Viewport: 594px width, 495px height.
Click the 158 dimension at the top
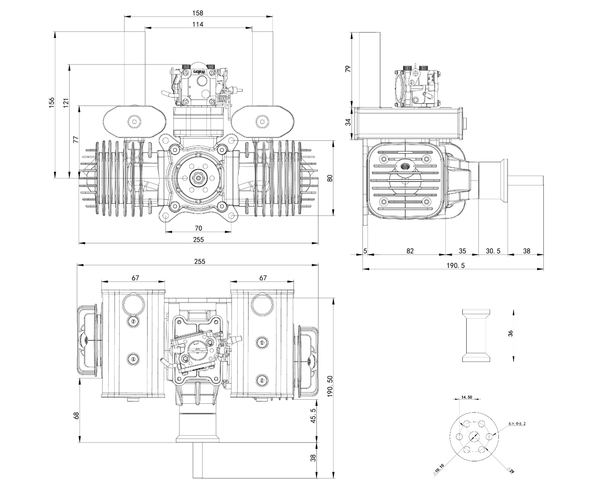coord(198,13)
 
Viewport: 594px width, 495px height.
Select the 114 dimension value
coord(198,24)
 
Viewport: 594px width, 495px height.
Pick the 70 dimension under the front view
coord(198,228)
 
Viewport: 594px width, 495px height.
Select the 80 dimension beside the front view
coord(330,178)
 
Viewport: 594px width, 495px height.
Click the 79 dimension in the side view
coord(348,69)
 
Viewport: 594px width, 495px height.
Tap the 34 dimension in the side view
coord(348,122)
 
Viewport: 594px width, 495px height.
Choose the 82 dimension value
coord(410,251)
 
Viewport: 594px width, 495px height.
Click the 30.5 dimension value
coord(493,251)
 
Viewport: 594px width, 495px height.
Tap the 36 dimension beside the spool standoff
coord(510,333)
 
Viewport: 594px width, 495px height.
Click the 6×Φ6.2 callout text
coord(517,423)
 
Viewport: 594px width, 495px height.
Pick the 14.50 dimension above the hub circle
coord(466,397)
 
